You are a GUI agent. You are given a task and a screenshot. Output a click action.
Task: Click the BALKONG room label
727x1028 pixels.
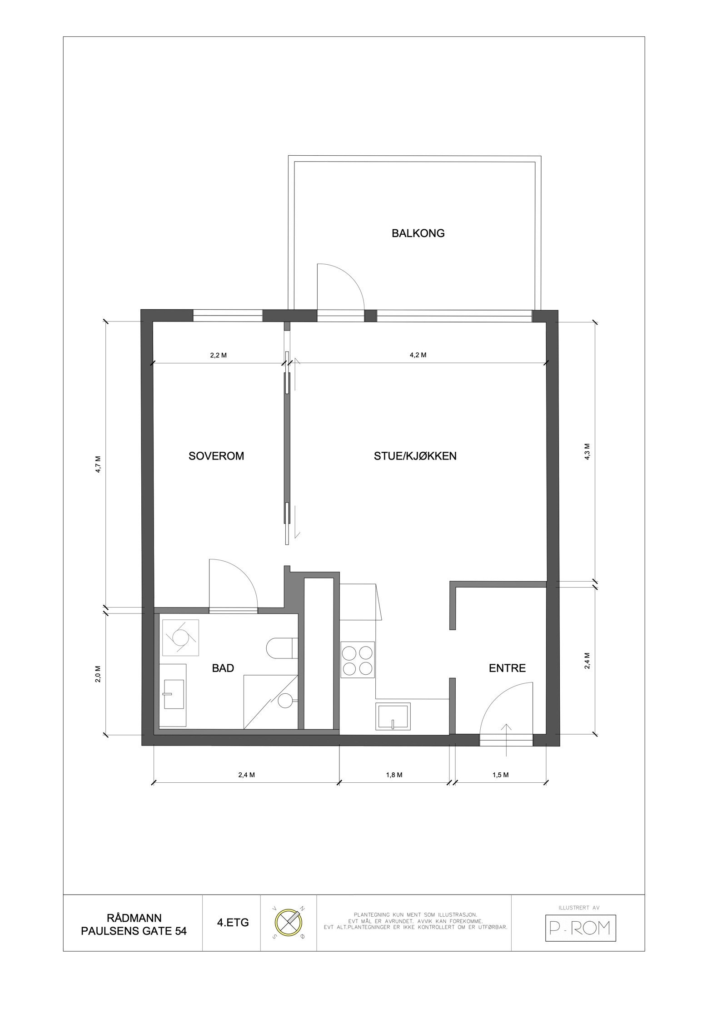point(418,233)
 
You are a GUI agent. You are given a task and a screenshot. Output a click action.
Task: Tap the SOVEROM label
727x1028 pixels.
point(216,456)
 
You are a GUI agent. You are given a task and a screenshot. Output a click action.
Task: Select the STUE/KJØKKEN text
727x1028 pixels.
point(415,456)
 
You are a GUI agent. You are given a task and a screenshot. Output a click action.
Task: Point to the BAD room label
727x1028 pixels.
point(223,668)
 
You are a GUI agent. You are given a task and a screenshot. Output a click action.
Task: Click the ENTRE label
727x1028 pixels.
point(507,668)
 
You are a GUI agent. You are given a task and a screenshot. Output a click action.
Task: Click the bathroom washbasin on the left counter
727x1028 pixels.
point(173,694)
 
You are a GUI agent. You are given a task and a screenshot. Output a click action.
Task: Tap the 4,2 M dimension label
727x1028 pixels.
point(418,355)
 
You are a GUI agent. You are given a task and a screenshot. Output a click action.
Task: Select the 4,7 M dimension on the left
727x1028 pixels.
point(98,464)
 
